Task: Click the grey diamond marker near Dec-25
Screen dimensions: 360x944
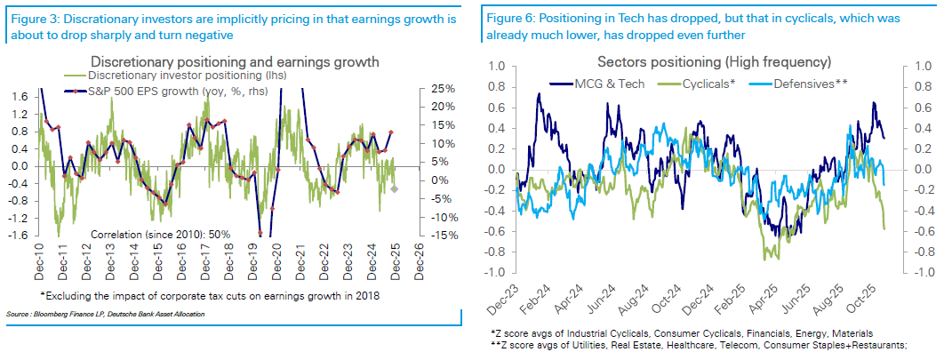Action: pos(394,188)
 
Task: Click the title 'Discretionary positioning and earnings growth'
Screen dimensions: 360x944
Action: pos(236,61)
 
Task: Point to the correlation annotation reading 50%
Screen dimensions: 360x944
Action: pos(161,234)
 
